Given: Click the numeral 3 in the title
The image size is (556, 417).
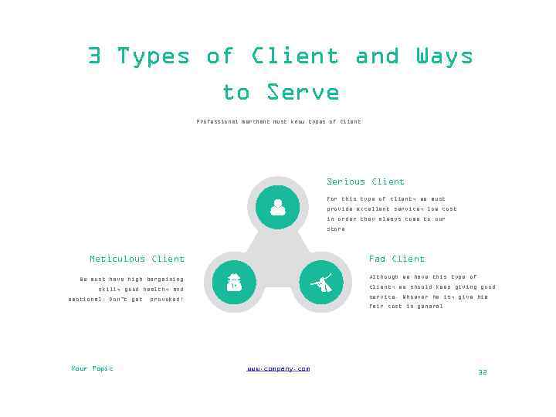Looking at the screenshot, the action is point(94,56).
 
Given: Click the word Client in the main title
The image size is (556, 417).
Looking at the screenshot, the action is point(294,56).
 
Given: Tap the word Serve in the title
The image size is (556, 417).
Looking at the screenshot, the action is point(303,93).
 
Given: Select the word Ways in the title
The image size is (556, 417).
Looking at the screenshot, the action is point(444,56).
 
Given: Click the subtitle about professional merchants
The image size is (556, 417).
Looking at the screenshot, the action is point(278,122).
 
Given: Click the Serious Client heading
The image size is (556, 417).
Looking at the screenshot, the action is point(365,182).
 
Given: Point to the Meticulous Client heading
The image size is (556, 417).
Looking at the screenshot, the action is point(137,259).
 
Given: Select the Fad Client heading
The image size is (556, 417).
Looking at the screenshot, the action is point(397,259).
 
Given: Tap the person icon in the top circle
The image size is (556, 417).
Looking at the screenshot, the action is point(277,207).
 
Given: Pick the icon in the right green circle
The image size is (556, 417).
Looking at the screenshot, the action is point(320,283).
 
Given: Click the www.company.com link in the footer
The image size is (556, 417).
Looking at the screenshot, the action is point(278,369).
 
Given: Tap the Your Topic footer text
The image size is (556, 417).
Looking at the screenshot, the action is point(92,369).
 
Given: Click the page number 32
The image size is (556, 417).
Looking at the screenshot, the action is point(483,372).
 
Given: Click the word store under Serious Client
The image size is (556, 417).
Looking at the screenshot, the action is point(336,229).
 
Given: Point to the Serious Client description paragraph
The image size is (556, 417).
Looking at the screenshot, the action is point(392,214).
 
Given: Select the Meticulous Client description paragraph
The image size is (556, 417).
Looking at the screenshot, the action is point(127,289).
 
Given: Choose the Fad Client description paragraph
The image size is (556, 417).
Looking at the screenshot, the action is point(432,291).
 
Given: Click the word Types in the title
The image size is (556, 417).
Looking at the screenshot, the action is point(153,56).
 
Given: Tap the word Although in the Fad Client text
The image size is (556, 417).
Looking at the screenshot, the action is point(384,277).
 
